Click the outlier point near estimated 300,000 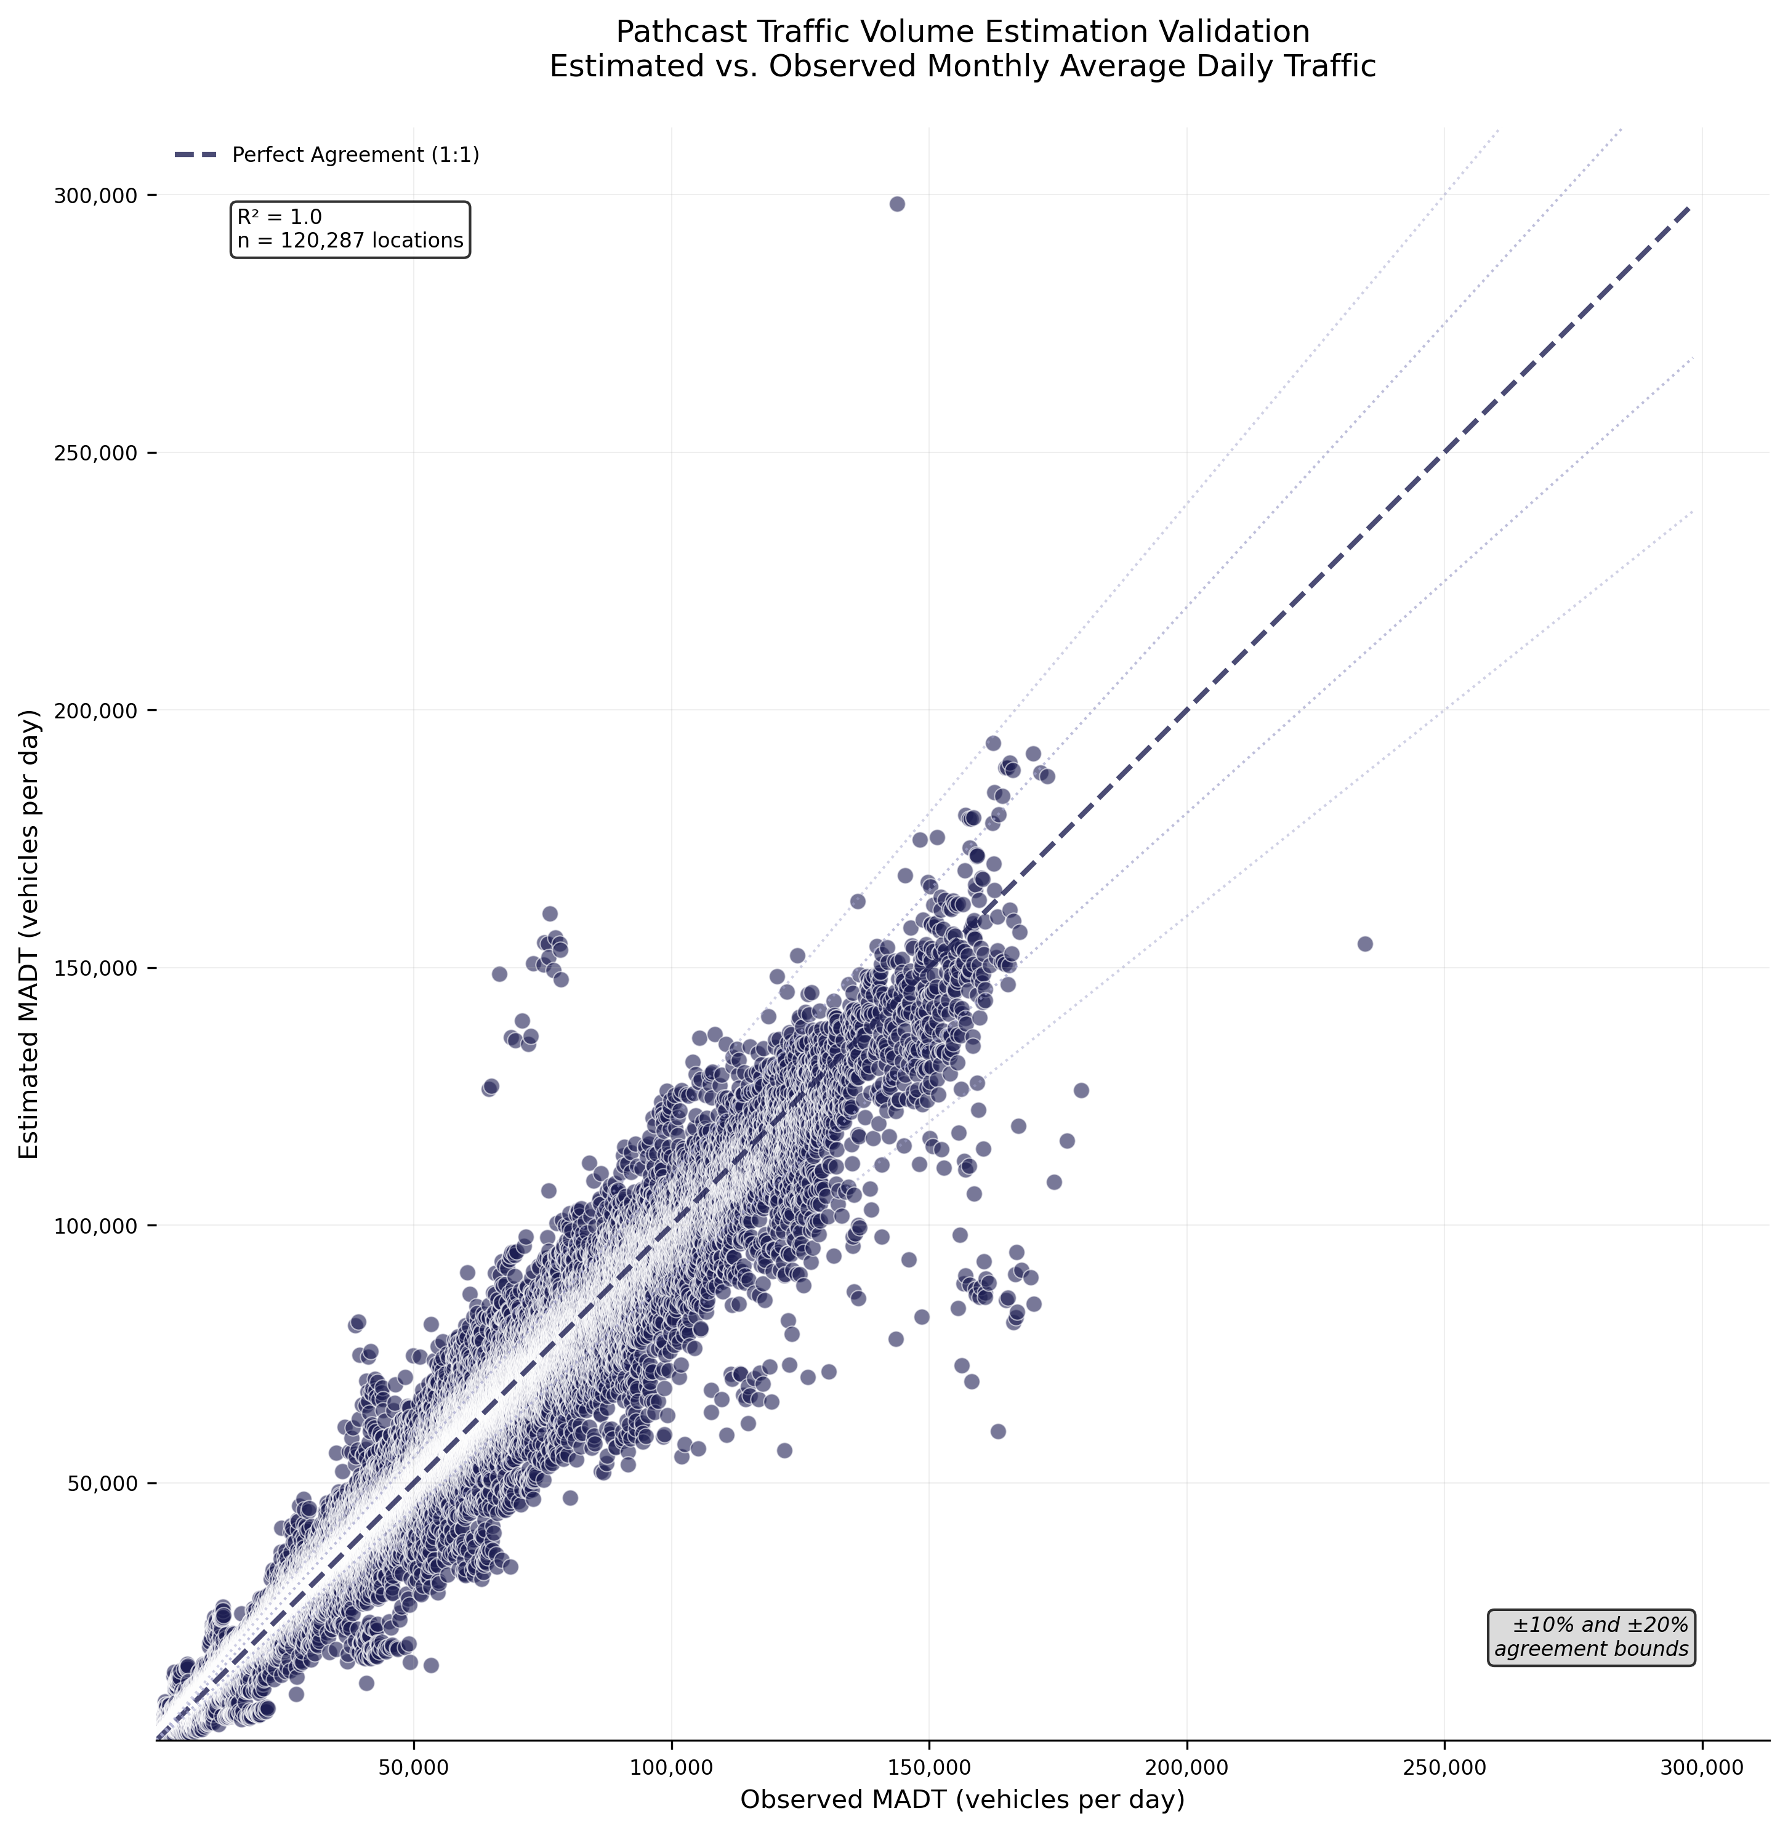897,204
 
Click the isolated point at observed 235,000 1364,944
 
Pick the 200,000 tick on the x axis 1186,1768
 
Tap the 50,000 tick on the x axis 413,1768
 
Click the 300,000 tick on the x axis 1702,1768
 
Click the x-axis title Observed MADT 962,1799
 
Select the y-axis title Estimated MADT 30,934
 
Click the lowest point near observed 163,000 997,1431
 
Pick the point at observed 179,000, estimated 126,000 1081,1090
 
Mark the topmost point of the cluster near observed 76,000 549,914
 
